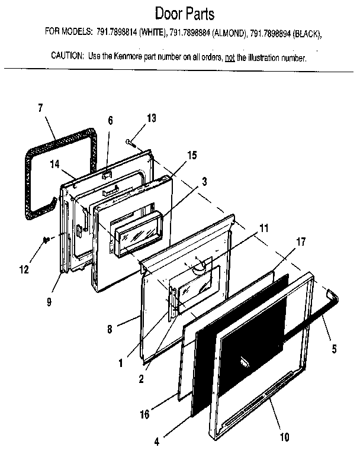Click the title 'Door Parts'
pyautogui.click(x=184, y=13)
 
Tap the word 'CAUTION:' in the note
pyautogui.click(x=68, y=58)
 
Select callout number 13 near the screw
pyautogui.click(x=152, y=118)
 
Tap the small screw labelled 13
pyautogui.click(x=131, y=141)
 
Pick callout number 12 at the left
pyautogui.click(x=23, y=271)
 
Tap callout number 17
pyautogui.click(x=301, y=242)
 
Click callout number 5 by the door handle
pyautogui.click(x=334, y=349)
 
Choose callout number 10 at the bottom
pyautogui.click(x=284, y=437)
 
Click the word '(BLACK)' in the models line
pyautogui.click(x=307, y=34)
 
